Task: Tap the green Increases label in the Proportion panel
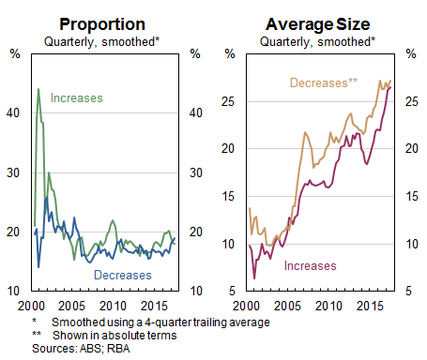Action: [76, 97]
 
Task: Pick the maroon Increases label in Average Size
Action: [312, 267]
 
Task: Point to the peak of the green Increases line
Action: [38, 90]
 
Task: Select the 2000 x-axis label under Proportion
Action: [32, 307]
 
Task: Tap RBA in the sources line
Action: [108, 344]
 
